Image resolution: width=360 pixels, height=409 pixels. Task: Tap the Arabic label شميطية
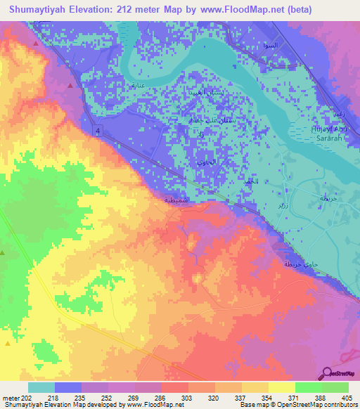pyautogui.click(x=175, y=200)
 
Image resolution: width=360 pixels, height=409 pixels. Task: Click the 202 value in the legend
pyautogui.click(x=27, y=398)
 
